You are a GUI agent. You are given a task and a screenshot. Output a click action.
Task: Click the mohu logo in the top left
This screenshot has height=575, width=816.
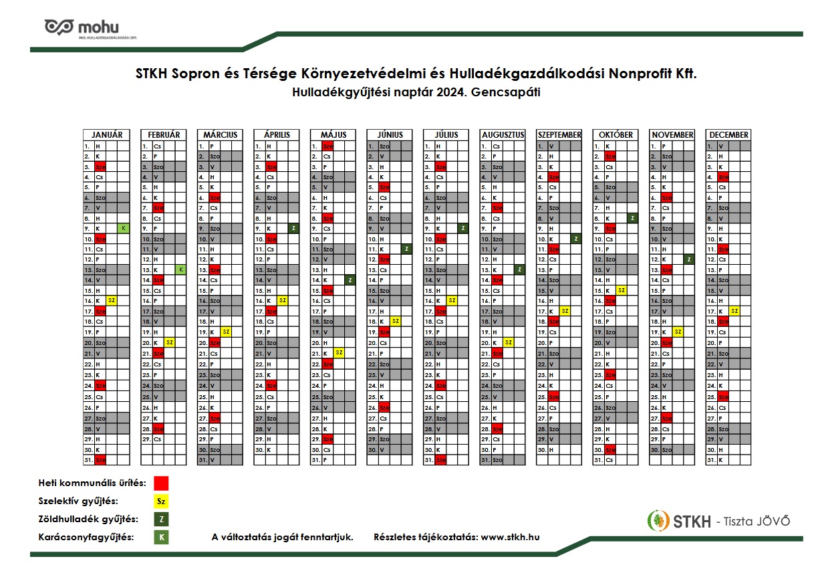(x=81, y=27)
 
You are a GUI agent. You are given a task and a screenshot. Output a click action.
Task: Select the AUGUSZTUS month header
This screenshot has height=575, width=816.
(x=502, y=134)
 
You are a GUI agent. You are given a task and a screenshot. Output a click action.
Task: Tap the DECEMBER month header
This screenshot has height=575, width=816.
(x=728, y=134)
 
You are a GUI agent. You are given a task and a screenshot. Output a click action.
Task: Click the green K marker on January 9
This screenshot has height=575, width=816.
(x=123, y=228)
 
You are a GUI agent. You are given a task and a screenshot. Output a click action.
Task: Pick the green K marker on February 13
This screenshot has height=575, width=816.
(x=180, y=269)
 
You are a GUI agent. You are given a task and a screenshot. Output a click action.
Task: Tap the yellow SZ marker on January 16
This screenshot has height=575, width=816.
(x=112, y=300)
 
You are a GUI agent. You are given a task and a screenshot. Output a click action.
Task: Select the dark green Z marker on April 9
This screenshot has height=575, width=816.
(x=293, y=228)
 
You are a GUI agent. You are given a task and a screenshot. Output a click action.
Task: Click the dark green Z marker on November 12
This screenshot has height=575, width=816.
(x=688, y=259)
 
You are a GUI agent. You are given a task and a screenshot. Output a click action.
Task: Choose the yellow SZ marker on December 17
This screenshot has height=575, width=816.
(x=734, y=311)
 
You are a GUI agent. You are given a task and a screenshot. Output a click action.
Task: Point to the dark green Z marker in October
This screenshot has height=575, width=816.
(x=632, y=218)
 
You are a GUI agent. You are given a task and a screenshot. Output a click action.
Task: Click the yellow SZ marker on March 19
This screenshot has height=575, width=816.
(x=225, y=332)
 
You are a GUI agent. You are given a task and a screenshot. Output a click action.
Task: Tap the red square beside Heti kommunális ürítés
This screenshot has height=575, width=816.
(x=161, y=483)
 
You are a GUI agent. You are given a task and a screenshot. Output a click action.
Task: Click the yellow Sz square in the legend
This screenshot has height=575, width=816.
(x=161, y=501)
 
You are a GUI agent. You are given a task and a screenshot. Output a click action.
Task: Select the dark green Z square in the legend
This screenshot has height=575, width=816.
(x=161, y=520)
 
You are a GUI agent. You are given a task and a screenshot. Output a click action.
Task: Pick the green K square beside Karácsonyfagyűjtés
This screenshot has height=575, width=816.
(x=161, y=537)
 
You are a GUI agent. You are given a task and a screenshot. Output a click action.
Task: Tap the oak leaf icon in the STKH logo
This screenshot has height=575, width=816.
(x=658, y=520)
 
